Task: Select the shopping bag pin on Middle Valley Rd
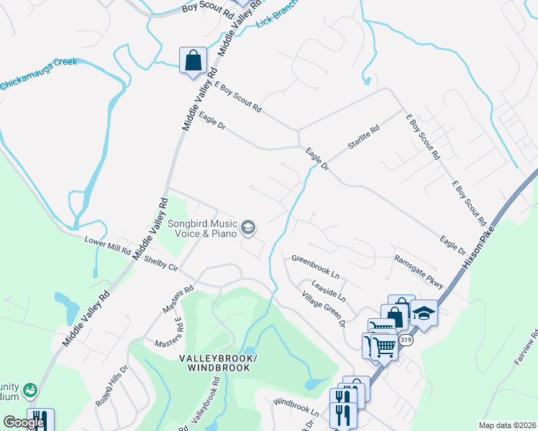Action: (193, 60)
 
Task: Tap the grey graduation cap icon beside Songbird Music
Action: (248, 228)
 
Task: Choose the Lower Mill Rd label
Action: (107, 246)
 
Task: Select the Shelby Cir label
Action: (160, 263)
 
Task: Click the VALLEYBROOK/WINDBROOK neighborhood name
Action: (219, 363)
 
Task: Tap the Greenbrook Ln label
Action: (315, 266)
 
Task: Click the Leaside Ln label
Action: (328, 291)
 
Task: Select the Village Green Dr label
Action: (323, 309)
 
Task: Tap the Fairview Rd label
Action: (526, 349)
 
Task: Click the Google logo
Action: (24, 422)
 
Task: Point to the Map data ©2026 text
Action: (506, 425)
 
